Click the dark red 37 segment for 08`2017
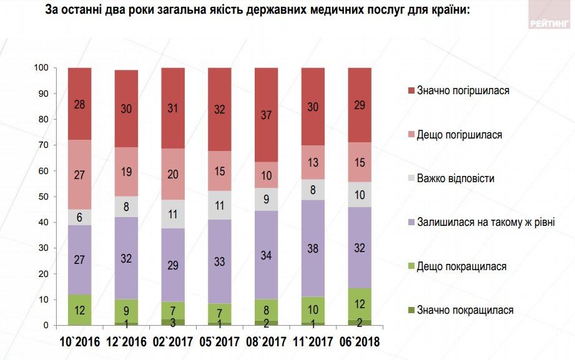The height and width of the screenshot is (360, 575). (267, 115)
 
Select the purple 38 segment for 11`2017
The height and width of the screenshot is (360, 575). (313, 248)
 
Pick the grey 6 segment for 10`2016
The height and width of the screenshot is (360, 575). (80, 217)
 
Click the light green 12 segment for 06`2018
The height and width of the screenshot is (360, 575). (360, 304)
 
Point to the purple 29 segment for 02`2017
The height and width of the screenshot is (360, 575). (173, 265)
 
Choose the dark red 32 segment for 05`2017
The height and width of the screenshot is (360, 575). (220, 109)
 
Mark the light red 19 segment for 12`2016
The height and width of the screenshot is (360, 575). (126, 172)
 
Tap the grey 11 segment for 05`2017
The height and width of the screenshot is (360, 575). (220, 205)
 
